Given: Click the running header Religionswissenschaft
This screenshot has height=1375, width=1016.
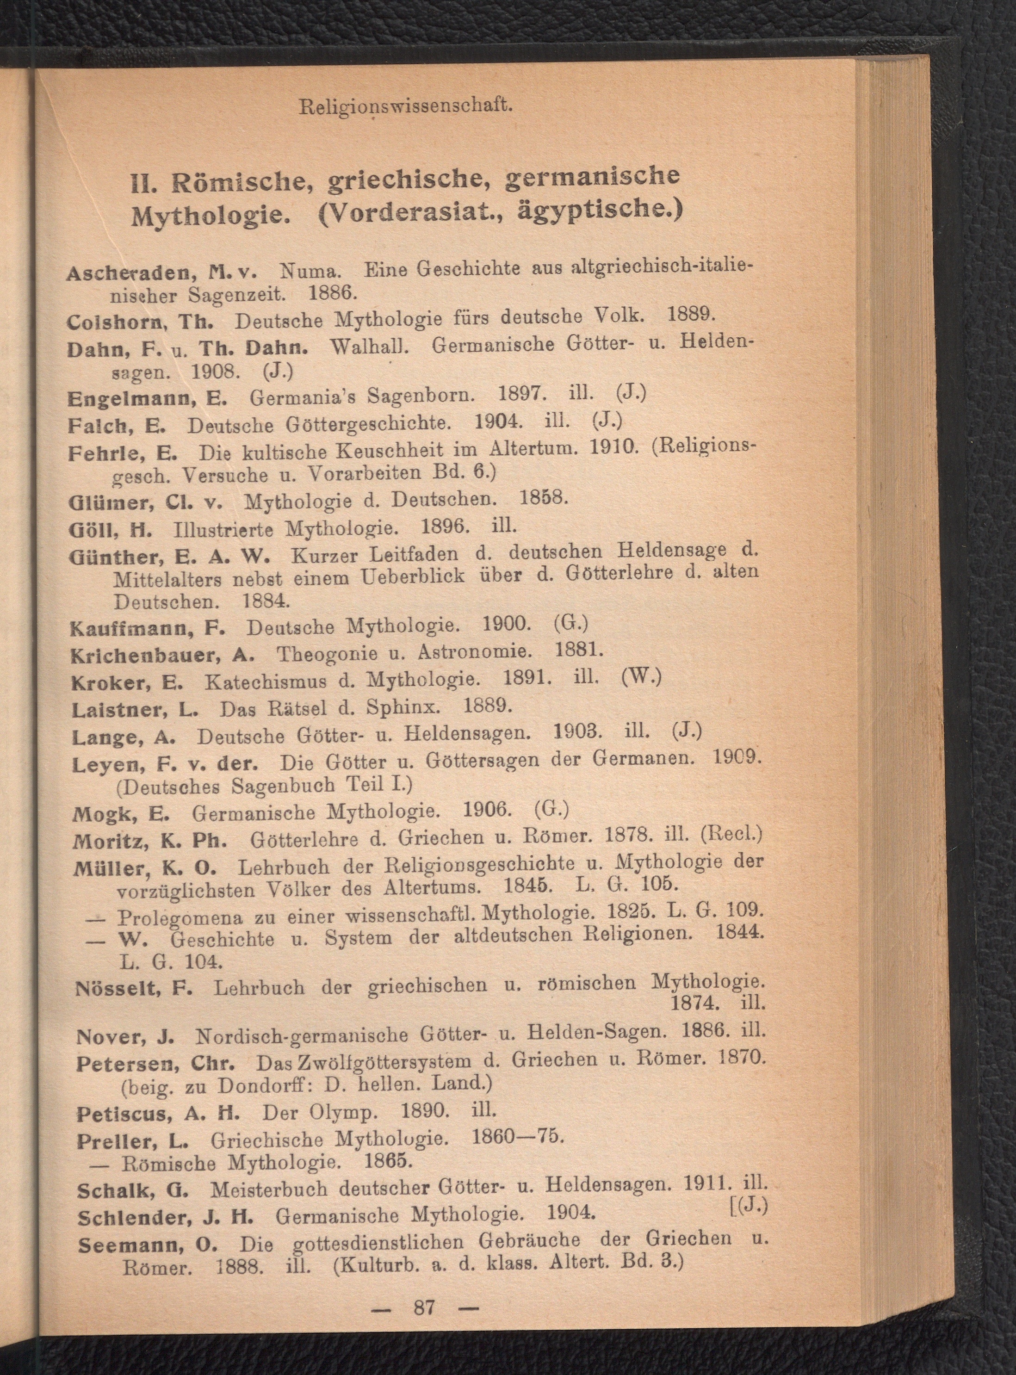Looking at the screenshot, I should tap(406, 106).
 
